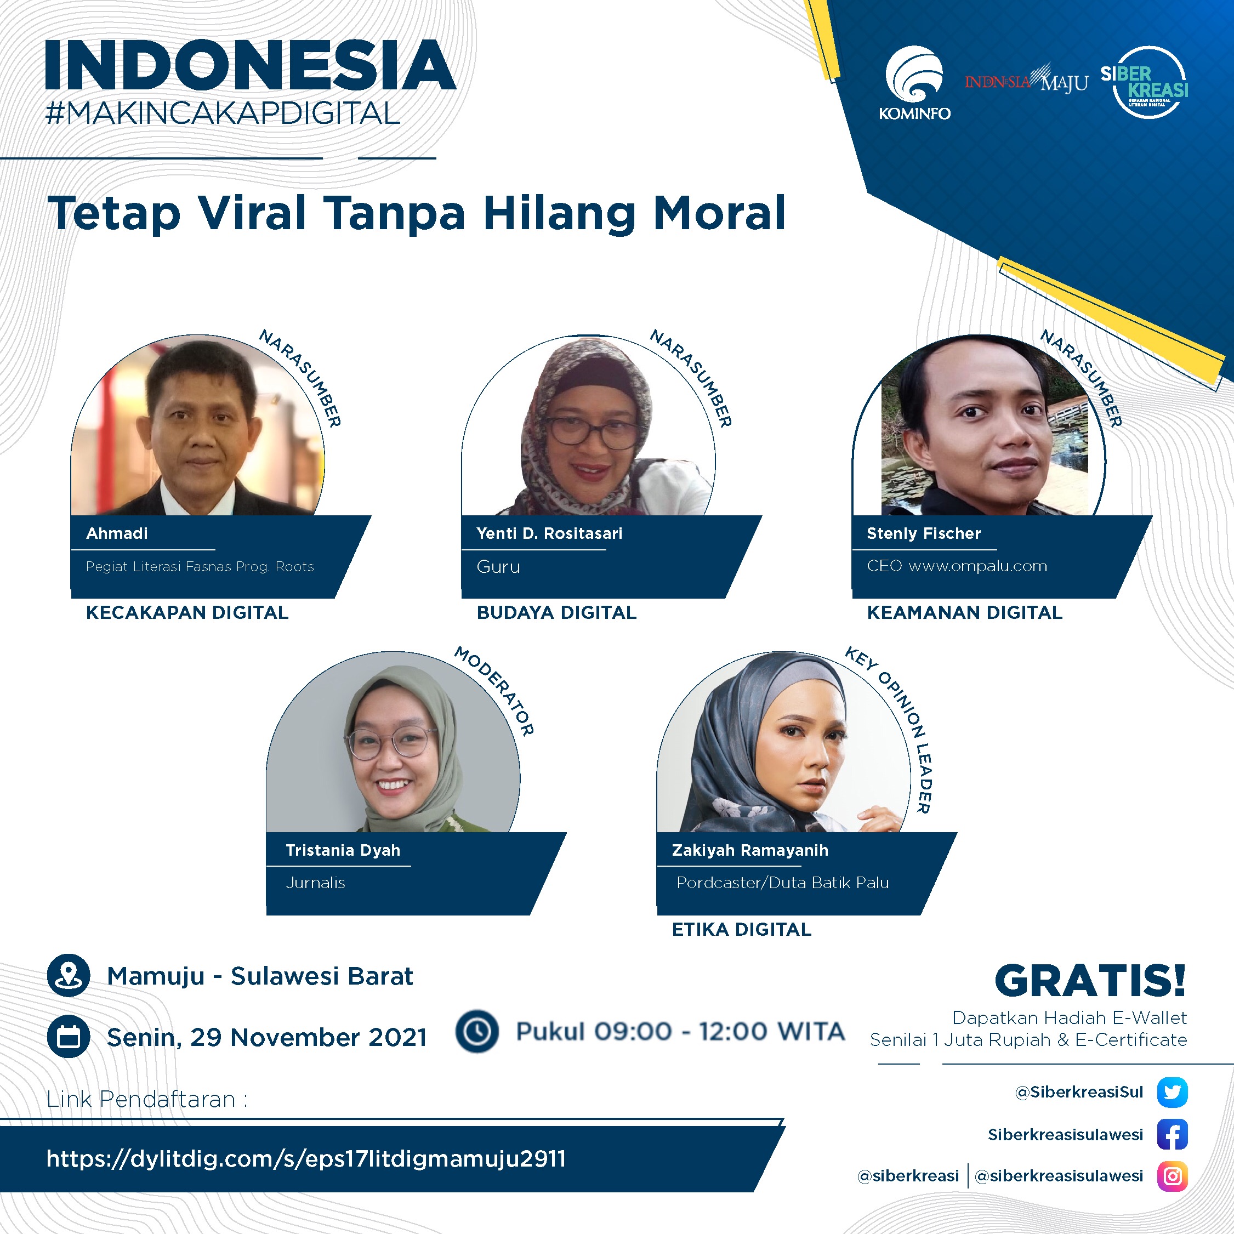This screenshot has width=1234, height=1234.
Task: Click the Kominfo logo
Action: pos(914,83)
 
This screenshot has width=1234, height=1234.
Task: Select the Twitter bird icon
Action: pos(1172,1091)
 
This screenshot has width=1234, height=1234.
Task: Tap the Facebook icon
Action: pos(1172,1134)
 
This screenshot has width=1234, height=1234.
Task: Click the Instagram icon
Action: pos(1172,1176)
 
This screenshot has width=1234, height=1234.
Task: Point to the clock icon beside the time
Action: pos(476,1031)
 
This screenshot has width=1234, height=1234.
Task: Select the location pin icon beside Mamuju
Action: pos(69,975)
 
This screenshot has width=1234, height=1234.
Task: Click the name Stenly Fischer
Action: pos(924,533)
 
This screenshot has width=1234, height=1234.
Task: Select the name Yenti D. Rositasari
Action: pos(549,533)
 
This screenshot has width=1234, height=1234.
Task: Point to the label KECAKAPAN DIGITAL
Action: pos(187,612)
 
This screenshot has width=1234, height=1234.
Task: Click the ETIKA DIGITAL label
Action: pos(742,929)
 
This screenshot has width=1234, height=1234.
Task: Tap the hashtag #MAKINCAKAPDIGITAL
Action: pos(223,113)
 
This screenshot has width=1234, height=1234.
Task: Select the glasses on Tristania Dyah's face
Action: pos(387,743)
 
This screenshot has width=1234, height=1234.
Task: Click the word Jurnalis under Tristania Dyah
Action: pos(316,883)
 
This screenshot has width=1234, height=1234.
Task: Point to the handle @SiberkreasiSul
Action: pos(1079,1091)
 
